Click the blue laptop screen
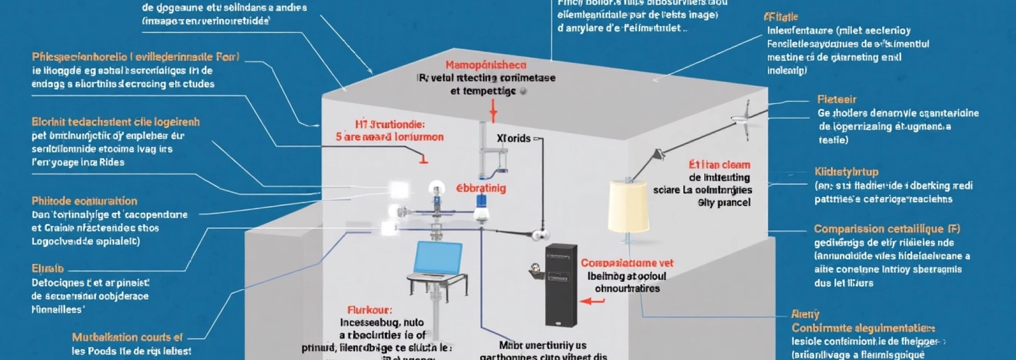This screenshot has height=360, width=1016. pos(439,258)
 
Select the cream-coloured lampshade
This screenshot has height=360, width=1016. pos(628,206)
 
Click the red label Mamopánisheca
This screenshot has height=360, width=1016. pos(486,65)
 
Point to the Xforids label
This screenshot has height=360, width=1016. pos(513,138)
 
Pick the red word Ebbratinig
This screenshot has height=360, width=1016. pos(481,188)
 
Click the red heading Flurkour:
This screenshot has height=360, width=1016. pos(369,310)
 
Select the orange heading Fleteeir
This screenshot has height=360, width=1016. pos(837,100)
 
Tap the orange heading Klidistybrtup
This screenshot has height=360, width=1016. pos(847,172)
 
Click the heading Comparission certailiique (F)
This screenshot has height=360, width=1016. pos(887,229)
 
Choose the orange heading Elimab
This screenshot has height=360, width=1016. pos(47,268)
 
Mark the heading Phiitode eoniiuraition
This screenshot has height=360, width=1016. pos(84,201)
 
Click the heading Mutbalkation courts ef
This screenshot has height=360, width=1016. pos(127,337)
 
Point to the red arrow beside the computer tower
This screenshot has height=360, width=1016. pos(593,301)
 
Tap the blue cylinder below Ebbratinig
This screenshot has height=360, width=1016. pos(482,201)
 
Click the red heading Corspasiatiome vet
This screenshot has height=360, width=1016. pos(627,263)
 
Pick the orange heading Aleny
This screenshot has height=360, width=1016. pos(805,314)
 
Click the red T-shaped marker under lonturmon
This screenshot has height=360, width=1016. pos(423,158)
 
